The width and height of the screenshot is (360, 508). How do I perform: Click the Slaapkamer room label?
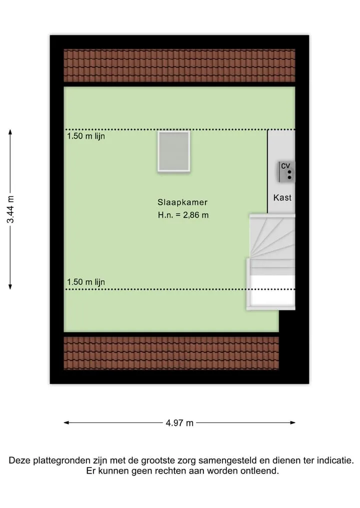pos(182,202)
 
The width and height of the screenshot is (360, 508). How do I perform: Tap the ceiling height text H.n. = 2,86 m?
pos(183,215)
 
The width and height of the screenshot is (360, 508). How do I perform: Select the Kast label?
pos(282,198)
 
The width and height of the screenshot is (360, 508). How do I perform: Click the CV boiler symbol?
pos(286,172)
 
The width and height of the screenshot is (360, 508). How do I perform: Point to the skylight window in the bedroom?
pos(174,151)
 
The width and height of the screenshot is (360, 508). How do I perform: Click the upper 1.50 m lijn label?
pos(86,136)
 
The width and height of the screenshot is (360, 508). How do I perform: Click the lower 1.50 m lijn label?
pos(86,282)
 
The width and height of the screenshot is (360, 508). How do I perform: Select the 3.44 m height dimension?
pos(10,209)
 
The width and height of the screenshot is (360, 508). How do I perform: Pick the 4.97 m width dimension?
pos(179,423)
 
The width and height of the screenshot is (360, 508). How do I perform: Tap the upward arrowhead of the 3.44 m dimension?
pos(10,131)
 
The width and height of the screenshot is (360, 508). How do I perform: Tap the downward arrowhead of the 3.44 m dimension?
pos(10,287)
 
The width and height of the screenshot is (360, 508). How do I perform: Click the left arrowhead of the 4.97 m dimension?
pos(66,423)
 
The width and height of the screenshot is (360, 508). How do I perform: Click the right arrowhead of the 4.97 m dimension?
pos(293,423)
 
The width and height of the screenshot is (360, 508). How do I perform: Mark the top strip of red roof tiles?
pos(179,65)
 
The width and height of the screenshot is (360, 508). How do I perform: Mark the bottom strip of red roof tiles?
pos(171,353)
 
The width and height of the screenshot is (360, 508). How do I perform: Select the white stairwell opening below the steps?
pos(272,290)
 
